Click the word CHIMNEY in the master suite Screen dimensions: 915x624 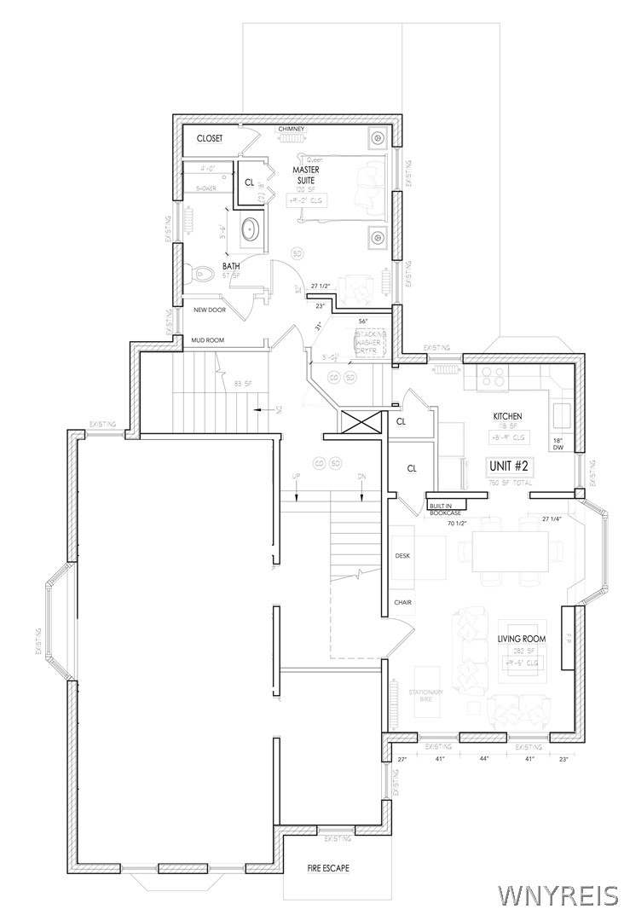click(292, 130)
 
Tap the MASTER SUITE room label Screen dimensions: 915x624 click(308, 175)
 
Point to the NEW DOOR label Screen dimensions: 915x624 click(210, 310)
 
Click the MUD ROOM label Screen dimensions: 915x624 click(207, 340)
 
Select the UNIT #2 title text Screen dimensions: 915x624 click(510, 466)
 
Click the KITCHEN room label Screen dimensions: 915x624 click(507, 416)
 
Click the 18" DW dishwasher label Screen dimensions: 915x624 click(558, 443)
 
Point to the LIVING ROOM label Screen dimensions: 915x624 click(522, 639)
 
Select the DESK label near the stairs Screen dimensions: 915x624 click(402, 555)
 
